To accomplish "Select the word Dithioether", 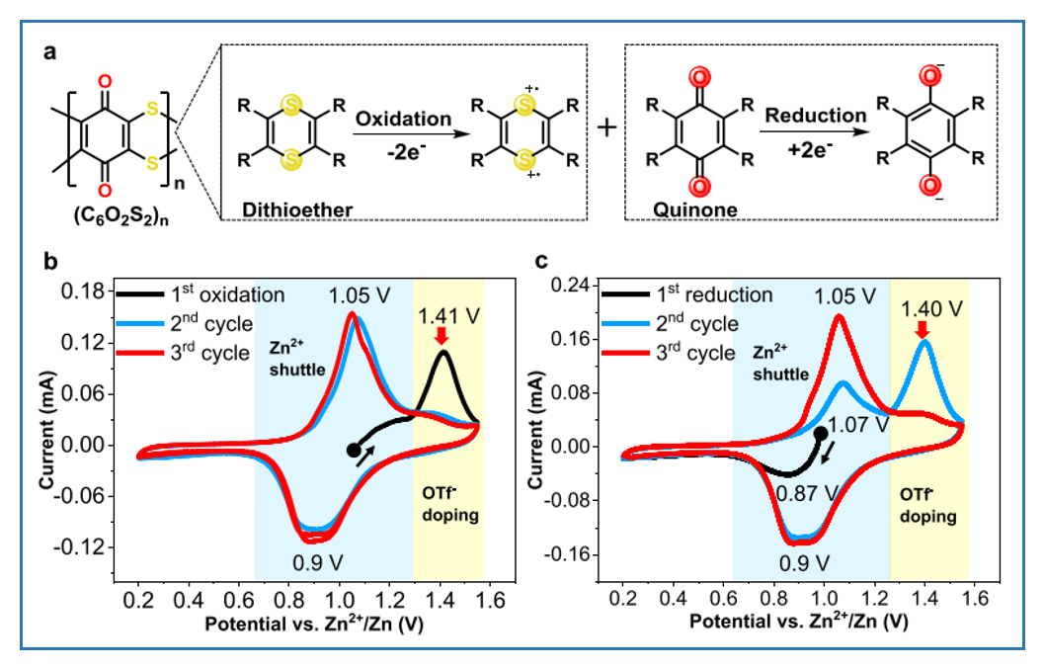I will pos(285,205).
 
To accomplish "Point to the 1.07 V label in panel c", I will pos(857,425).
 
